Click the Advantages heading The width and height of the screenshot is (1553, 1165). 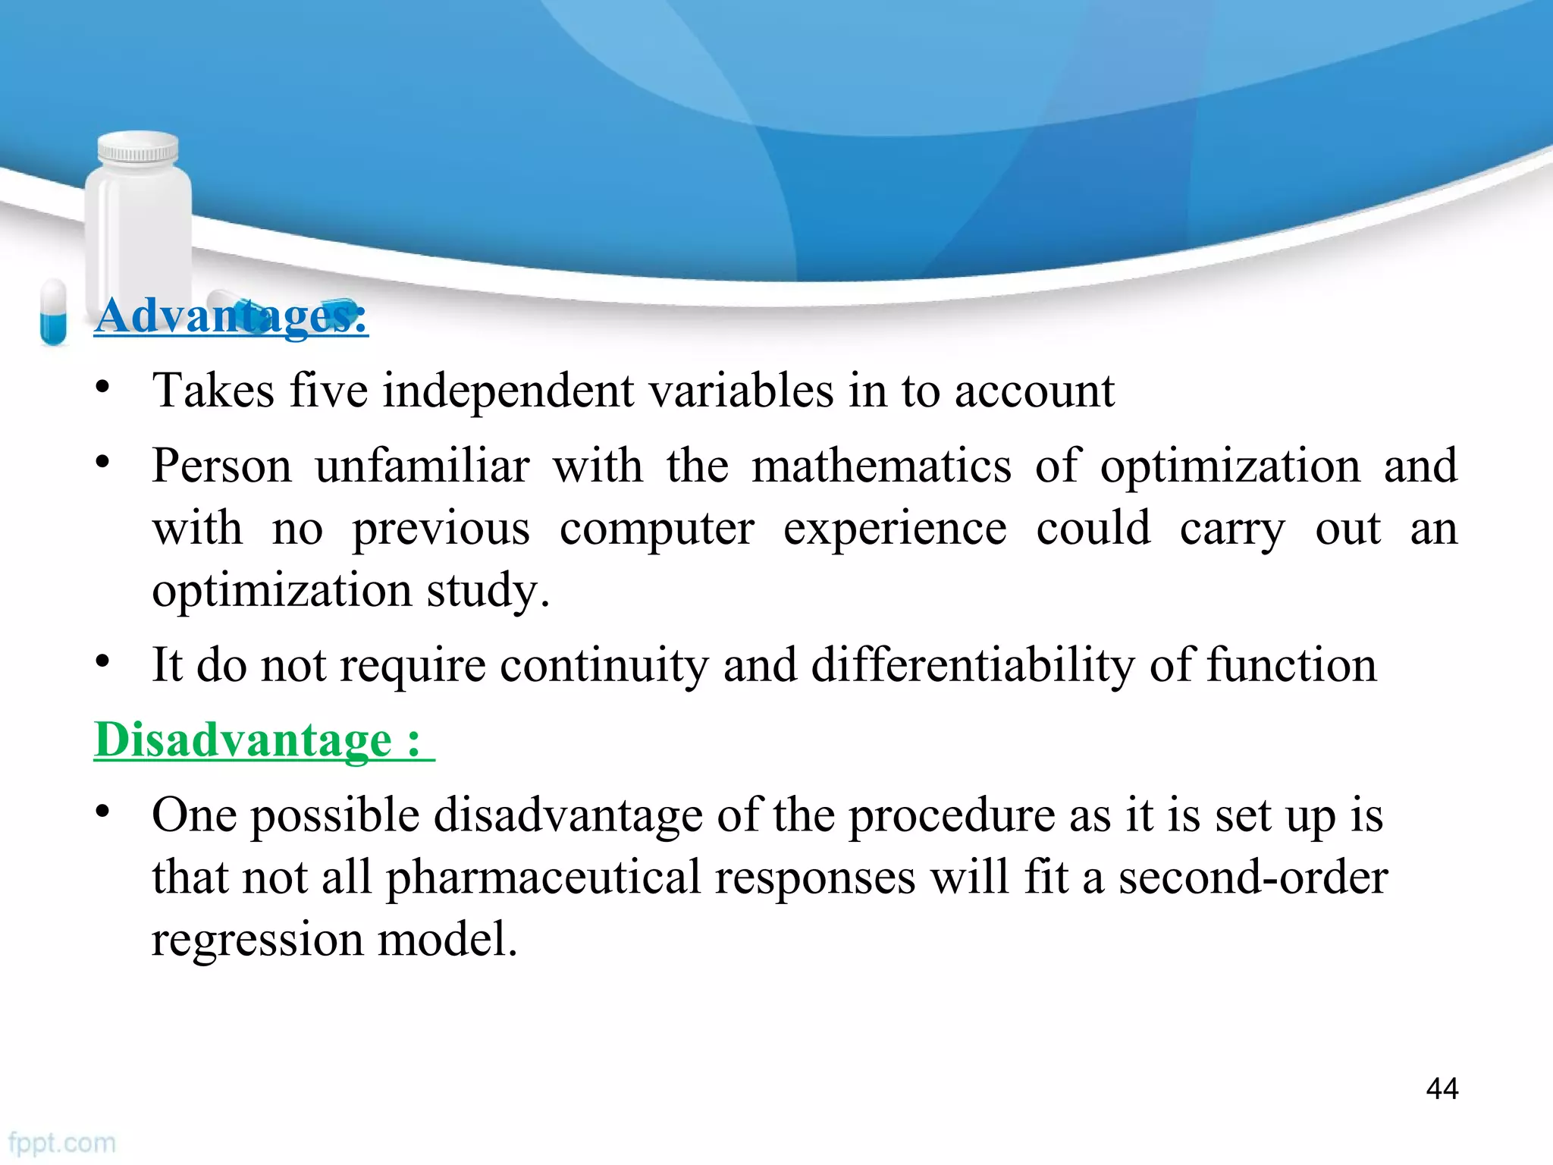pos(231,316)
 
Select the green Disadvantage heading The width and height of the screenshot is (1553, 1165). pos(258,740)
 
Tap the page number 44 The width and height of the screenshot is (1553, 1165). pos(1442,1089)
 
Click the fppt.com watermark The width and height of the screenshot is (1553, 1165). pos(62,1143)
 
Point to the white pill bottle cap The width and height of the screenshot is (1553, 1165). pos(138,146)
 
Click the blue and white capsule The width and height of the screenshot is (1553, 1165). pos(53,312)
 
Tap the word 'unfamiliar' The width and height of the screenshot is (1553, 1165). pos(422,466)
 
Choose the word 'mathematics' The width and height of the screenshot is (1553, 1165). pos(881,466)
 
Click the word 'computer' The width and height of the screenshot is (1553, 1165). pos(657,529)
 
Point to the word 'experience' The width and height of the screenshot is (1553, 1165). pos(895,529)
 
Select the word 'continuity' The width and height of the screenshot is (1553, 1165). pos(604,666)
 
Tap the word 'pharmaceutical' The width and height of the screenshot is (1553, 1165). pos(543,878)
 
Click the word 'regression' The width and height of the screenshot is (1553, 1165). pos(257,940)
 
